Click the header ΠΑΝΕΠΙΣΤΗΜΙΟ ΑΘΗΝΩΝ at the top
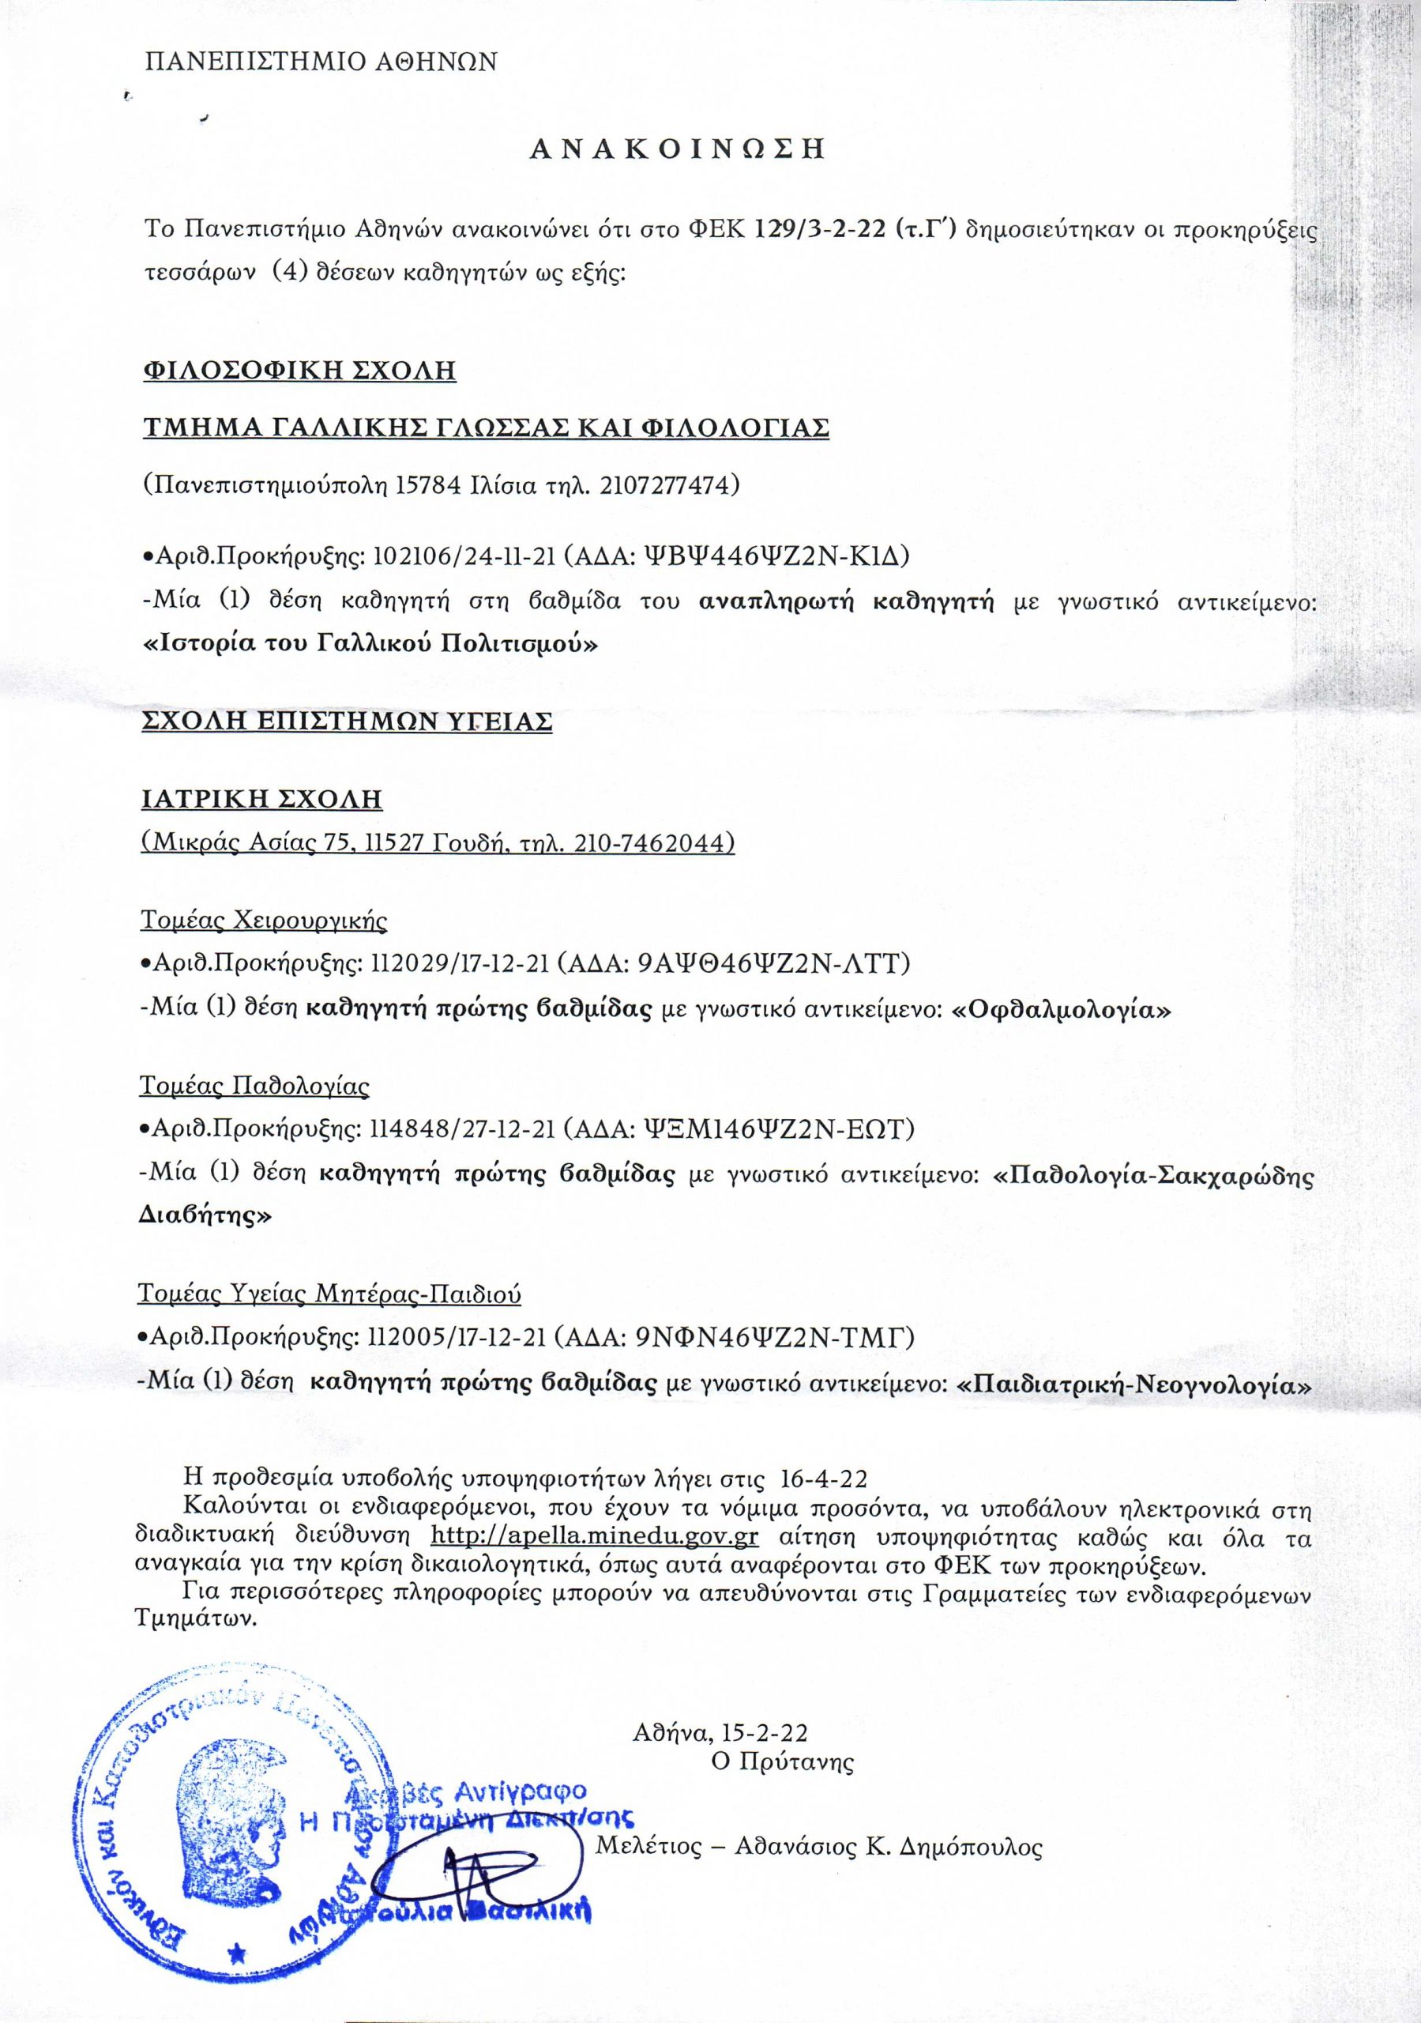click(321, 62)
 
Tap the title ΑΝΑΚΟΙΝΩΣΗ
click(677, 149)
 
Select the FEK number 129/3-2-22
click(819, 231)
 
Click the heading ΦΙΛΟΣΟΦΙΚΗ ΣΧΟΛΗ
click(299, 370)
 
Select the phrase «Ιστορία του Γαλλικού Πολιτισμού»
click(370, 644)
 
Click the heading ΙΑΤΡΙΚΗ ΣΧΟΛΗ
click(262, 799)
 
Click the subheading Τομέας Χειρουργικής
click(265, 921)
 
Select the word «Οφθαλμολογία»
click(1062, 1011)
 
